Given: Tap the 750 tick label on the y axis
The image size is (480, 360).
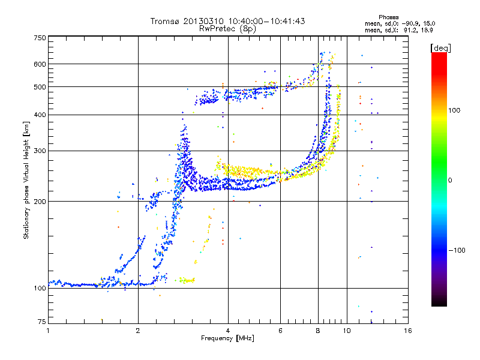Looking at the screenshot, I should tap(40, 38).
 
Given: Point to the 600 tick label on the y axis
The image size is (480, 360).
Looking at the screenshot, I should tap(40, 64).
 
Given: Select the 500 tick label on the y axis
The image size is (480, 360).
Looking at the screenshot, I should tap(40, 87).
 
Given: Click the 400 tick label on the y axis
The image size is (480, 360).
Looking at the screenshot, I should tap(40, 115).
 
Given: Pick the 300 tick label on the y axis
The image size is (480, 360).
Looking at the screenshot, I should tap(40, 151).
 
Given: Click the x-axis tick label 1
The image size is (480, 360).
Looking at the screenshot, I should tap(48, 331).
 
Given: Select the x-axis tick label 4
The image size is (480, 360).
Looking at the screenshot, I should tap(228, 331).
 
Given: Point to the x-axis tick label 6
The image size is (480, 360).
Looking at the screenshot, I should tap(281, 331).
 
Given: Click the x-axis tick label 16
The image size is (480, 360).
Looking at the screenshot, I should tap(407, 331).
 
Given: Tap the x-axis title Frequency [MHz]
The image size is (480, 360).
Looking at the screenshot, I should tap(227, 338).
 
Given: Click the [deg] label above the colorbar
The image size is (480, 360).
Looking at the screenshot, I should tap(440, 47).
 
